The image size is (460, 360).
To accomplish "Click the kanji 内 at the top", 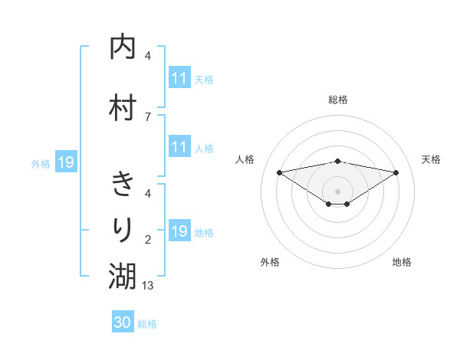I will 123,47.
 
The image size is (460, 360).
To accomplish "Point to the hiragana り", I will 123,229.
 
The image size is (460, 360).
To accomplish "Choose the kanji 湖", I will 123,275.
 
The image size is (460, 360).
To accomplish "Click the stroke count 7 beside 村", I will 148,117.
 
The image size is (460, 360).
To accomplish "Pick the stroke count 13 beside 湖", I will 149,285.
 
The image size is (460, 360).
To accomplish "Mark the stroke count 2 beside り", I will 148,240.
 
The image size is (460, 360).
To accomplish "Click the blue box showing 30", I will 123,322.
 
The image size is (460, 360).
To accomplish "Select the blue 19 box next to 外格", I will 65,162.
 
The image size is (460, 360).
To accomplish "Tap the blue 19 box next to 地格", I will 179,231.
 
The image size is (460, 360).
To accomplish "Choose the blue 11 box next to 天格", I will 179,78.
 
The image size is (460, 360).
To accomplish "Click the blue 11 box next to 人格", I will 179,147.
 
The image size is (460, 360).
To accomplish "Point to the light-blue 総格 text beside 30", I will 147,324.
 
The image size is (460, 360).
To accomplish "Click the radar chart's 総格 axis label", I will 337,100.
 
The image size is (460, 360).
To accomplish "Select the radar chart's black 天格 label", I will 431,159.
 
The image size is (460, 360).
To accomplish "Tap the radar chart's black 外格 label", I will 270,262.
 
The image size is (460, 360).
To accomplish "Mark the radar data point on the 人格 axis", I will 279,172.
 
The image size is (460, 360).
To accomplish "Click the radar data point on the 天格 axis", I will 396,172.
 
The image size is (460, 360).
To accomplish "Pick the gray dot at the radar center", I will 337,191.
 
